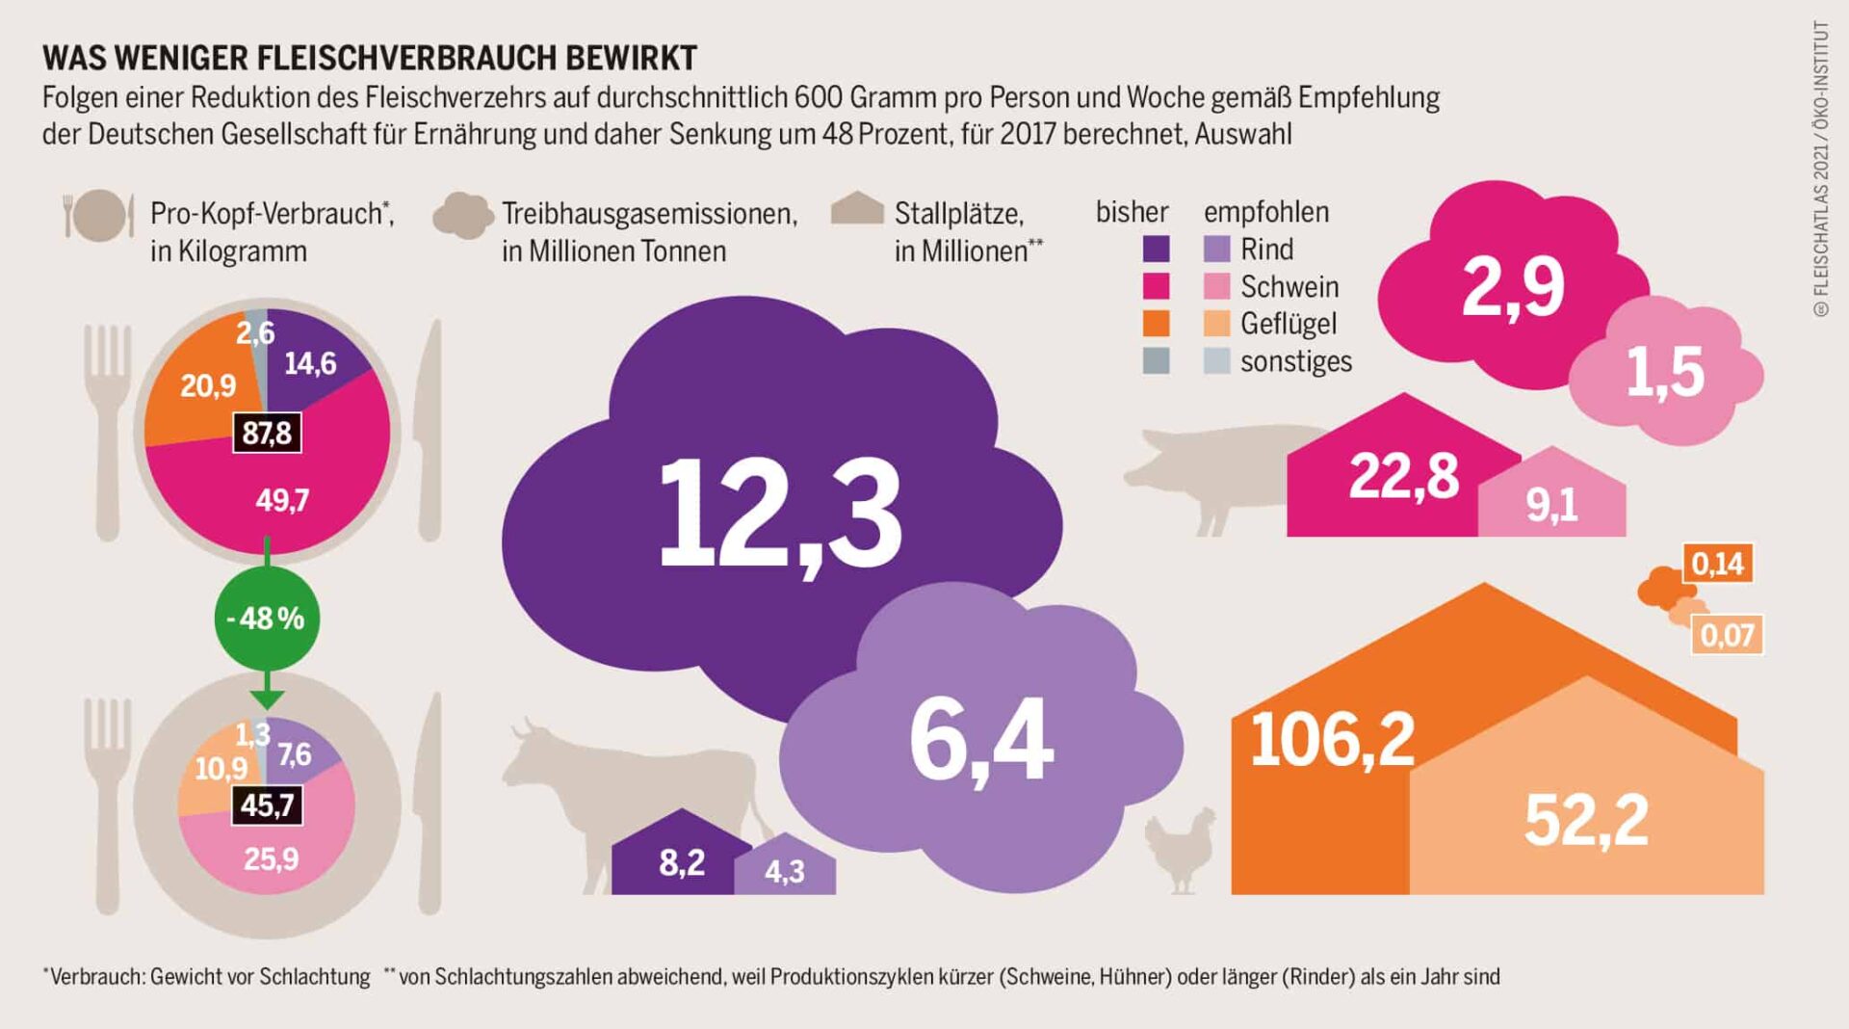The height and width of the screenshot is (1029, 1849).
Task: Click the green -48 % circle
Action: [267, 618]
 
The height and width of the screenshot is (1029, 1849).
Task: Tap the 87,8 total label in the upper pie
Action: [267, 434]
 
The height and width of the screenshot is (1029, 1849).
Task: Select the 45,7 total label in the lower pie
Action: [267, 805]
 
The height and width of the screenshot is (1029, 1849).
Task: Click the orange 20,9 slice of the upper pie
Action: [207, 385]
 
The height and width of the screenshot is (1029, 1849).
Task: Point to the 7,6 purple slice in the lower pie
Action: [295, 753]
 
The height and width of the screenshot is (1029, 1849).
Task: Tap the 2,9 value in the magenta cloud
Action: [1513, 286]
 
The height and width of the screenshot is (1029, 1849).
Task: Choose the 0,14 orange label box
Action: [1718, 563]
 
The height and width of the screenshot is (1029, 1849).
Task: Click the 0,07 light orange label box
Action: [1728, 635]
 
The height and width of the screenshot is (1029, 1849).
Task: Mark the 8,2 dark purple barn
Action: [681, 862]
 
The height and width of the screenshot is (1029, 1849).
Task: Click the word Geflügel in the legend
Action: [1288, 324]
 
